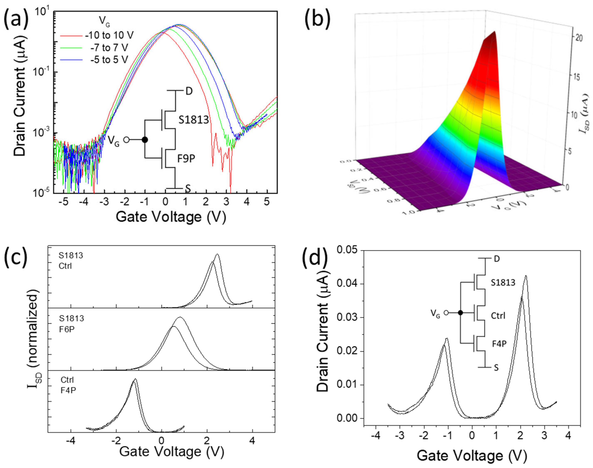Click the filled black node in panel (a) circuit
click(x=145, y=140)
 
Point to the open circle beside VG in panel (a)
click(x=126, y=140)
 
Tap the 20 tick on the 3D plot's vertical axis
click(x=579, y=38)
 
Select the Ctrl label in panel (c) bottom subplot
click(x=67, y=380)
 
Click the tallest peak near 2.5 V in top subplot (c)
click(x=217, y=254)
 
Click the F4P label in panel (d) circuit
click(x=499, y=344)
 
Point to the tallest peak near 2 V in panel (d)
click(x=526, y=276)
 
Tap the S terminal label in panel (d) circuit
click(x=496, y=368)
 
